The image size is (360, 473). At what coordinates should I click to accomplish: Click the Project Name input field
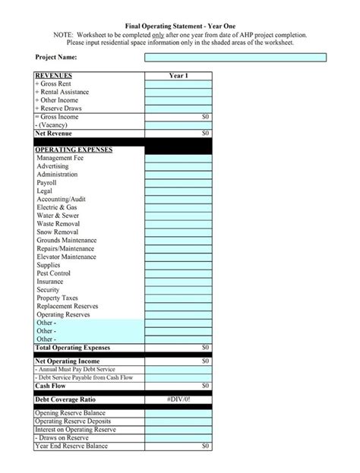[x=235, y=58]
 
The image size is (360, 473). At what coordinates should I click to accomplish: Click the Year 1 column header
[x=178, y=76]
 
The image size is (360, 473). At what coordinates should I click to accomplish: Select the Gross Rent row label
[x=55, y=84]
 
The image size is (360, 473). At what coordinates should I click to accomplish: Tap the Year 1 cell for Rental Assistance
[x=178, y=92]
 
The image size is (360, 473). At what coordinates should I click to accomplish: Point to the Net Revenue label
[x=53, y=134]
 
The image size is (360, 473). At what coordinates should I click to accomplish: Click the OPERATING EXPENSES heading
[x=74, y=150]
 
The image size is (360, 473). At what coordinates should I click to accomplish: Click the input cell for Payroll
[x=178, y=183]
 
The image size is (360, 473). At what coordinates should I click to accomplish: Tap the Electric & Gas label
[x=57, y=207]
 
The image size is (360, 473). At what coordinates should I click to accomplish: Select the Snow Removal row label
[x=58, y=232]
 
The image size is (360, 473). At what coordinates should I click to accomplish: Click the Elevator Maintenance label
[x=67, y=257]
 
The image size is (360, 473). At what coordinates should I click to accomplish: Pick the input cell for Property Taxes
[x=178, y=298]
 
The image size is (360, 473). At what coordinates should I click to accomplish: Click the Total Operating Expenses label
[x=74, y=347]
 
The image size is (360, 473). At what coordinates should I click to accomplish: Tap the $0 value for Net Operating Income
[x=204, y=361]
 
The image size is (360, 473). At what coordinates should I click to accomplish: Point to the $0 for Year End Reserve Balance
[x=204, y=446]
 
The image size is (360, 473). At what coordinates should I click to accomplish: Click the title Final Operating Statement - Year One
[x=179, y=26]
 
